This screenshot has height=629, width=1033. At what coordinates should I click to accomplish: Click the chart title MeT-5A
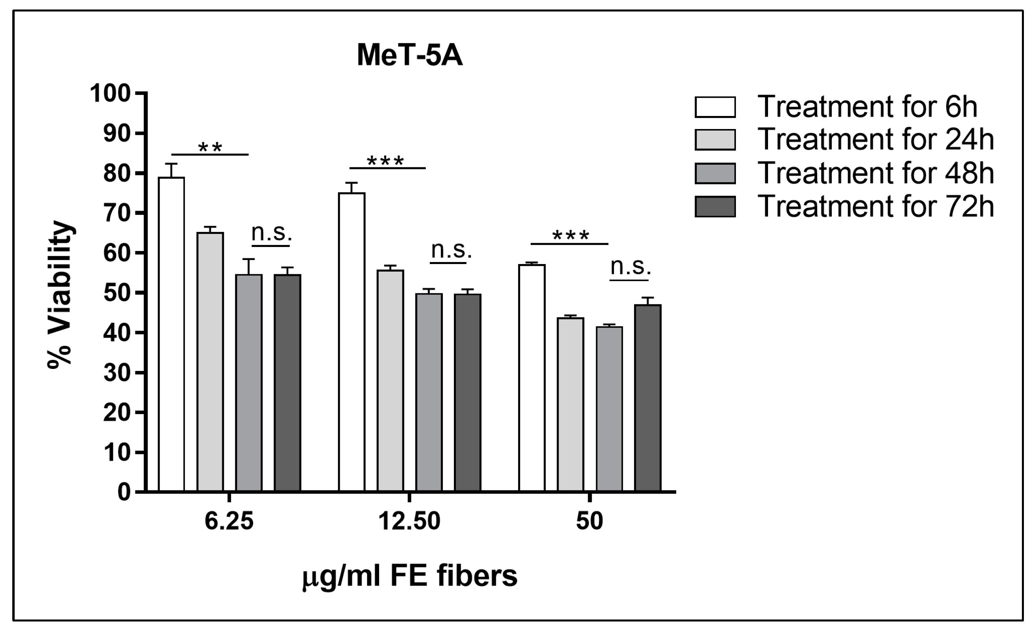tap(410, 56)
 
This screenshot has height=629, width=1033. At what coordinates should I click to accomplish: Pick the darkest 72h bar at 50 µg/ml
tap(648, 398)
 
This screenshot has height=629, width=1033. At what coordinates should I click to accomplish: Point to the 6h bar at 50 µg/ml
tap(532, 377)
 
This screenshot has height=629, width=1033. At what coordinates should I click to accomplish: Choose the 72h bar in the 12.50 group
tap(467, 392)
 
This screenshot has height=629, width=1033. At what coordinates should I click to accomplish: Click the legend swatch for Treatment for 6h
tap(715, 107)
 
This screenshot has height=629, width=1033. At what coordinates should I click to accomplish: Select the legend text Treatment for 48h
tap(876, 173)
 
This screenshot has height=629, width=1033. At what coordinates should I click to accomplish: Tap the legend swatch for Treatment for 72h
tap(715, 207)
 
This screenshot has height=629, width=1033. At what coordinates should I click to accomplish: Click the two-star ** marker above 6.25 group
tap(210, 148)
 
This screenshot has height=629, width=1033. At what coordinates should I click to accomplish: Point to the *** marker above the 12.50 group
tap(385, 161)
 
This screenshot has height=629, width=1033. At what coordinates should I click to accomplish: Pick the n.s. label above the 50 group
tap(631, 266)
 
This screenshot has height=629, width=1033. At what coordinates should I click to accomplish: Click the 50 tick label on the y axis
tap(116, 293)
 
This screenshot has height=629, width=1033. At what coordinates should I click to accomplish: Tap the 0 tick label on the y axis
tap(124, 492)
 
